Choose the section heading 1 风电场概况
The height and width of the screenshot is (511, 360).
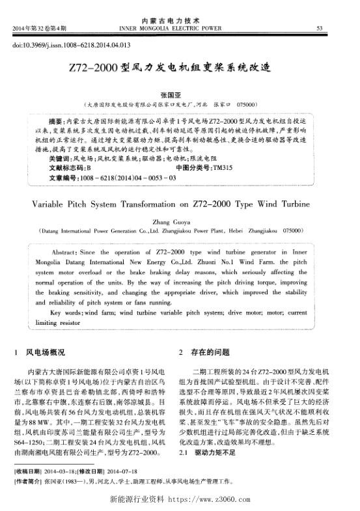[39, 352]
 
